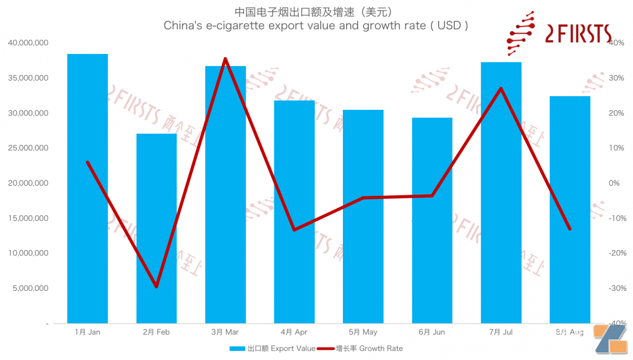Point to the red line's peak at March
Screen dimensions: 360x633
coord(225,59)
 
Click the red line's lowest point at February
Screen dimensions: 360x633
coord(156,287)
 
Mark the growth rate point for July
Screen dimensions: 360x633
coord(501,88)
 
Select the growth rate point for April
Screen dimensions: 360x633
coord(294,230)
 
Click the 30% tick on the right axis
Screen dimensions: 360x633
coord(616,78)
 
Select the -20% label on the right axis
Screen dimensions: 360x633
coord(615,253)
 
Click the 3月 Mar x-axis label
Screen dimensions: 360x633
coord(225,332)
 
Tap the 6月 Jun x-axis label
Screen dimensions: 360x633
coord(431,332)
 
